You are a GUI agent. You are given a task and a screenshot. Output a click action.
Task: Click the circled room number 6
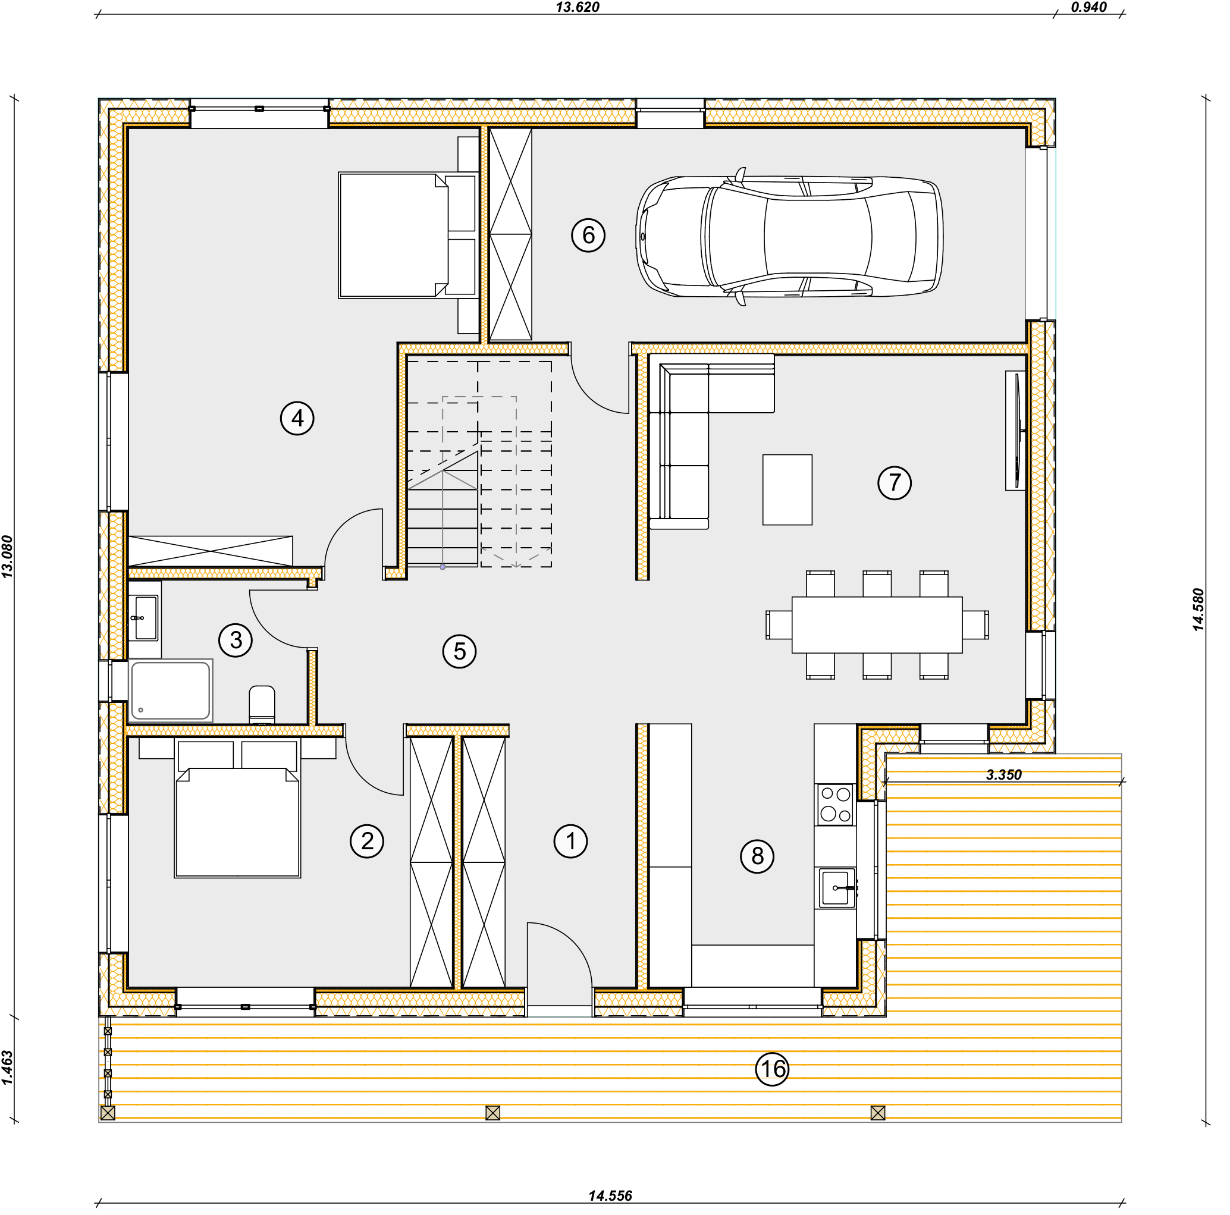tap(588, 235)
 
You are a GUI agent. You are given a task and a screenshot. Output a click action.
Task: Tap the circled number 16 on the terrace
tap(771, 1069)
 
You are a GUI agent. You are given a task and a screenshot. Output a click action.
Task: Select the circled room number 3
tap(236, 640)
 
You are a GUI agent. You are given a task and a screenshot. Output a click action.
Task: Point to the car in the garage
tap(789, 236)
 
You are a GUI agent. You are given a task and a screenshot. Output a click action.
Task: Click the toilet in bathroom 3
tap(262, 705)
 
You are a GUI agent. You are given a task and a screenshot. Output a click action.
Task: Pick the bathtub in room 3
tap(171, 690)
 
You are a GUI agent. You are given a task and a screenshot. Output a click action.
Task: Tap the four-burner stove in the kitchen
tap(835, 805)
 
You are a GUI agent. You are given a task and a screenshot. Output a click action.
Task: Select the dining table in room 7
tap(877, 624)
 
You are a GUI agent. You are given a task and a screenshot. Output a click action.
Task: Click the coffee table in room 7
tap(787, 489)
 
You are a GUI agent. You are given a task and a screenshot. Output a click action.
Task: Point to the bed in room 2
tap(237, 808)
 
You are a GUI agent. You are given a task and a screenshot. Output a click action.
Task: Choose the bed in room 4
tap(407, 235)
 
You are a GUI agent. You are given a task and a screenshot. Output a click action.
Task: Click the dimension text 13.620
tap(578, 7)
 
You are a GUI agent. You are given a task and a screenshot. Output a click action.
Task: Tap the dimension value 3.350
tap(1003, 774)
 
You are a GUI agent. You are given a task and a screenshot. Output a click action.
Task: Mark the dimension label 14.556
tap(610, 1196)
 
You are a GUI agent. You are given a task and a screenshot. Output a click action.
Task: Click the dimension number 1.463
tap(7, 1068)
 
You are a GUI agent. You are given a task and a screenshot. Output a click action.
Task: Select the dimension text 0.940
tap(1088, 7)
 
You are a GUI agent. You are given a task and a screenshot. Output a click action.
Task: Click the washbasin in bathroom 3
tap(145, 617)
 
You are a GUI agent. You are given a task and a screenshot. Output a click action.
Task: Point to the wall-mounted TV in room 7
tap(1016, 431)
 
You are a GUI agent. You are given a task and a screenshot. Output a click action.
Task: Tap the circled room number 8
tap(757, 855)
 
